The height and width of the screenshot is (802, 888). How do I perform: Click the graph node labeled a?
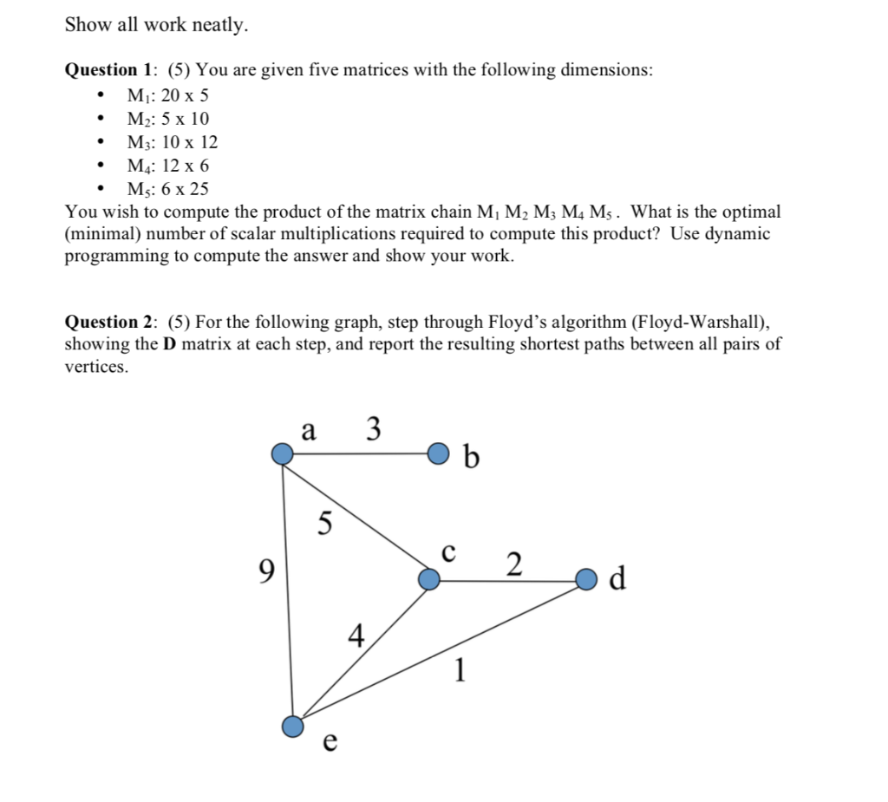[x=282, y=453]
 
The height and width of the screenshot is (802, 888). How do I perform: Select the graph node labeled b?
[x=440, y=453]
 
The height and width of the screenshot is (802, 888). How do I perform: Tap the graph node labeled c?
[x=429, y=579]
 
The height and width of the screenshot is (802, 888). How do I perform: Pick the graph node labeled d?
[x=587, y=578]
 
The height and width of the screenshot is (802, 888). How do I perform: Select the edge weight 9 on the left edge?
[x=267, y=571]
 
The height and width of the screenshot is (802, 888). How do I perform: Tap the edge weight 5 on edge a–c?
[x=324, y=523]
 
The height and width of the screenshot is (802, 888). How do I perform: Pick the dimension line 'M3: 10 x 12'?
[x=172, y=141]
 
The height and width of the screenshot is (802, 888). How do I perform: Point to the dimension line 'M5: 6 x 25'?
[x=167, y=188]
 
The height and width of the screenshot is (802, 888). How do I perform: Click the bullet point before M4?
[x=103, y=165]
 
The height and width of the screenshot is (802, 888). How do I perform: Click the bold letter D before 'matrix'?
[x=168, y=344]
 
